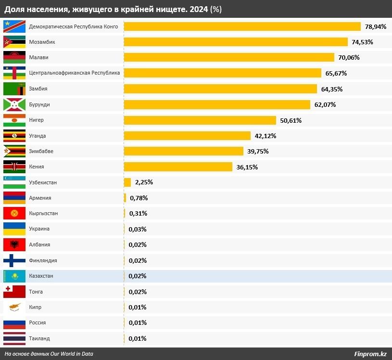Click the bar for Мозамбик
(x=236, y=42)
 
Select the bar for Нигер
(x=200, y=120)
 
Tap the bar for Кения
(x=178, y=167)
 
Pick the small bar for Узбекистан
(x=127, y=182)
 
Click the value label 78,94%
(x=376, y=26)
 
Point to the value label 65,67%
(x=336, y=73)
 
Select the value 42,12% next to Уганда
(x=265, y=136)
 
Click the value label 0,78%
(x=139, y=198)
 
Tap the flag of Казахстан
(x=14, y=276)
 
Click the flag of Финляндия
(x=14, y=260)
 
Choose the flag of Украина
(x=14, y=229)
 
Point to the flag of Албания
(x=14, y=244)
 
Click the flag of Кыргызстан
(x=14, y=213)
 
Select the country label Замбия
(x=38, y=89)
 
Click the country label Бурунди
(x=39, y=104)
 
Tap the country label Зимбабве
(x=41, y=151)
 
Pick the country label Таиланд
(x=39, y=338)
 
